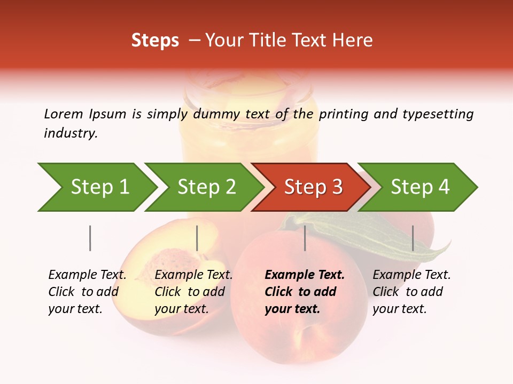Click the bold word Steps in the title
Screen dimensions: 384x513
[155, 41]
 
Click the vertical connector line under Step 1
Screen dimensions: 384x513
[90, 238]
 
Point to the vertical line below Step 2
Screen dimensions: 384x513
[197, 238]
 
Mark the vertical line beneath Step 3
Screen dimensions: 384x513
[305, 238]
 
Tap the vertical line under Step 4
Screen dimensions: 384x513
[413, 238]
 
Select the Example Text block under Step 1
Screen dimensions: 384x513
[87, 292]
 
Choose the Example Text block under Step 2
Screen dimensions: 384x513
[193, 292]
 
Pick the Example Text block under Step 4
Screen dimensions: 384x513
[411, 292]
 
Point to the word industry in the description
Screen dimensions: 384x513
[71, 133]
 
